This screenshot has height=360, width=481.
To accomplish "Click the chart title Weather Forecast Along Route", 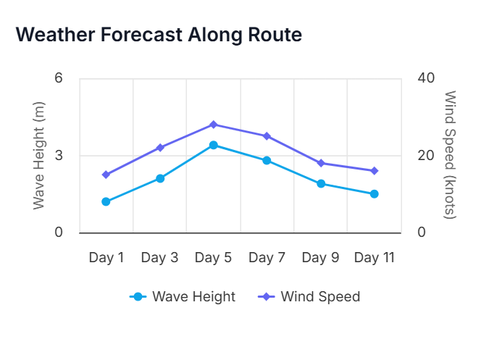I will (x=159, y=34).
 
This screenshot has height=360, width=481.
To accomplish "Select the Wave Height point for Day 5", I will (x=213, y=145).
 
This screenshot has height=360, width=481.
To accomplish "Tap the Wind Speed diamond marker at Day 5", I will (x=213, y=125).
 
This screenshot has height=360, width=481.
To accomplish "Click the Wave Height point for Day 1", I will (x=106, y=201).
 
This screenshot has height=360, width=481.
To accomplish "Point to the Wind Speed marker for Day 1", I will (x=106, y=175).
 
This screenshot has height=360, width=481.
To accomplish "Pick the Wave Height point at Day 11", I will (x=374, y=194).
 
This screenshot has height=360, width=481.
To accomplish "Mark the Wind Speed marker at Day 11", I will (x=374, y=171).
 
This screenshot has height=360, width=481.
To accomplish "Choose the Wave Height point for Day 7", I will (x=267, y=160).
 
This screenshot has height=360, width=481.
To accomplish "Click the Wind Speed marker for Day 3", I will (x=160, y=148).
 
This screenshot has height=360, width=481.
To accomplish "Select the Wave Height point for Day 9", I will (x=320, y=183).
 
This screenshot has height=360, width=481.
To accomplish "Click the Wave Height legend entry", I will (x=183, y=296).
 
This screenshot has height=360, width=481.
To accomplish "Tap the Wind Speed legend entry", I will (x=310, y=296).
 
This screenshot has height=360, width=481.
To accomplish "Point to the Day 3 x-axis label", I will (x=160, y=257).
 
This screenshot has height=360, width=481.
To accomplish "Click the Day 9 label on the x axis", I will (x=320, y=257).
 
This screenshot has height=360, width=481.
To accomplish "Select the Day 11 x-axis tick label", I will (x=374, y=257).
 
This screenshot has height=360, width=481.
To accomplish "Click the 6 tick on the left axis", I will (x=59, y=78).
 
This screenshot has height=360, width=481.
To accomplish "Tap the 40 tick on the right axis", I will (x=425, y=78).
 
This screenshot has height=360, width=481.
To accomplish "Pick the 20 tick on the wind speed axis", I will (x=425, y=156).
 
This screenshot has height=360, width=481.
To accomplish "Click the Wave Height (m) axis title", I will (x=39, y=156).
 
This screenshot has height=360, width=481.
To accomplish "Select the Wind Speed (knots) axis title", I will (x=449, y=156).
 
